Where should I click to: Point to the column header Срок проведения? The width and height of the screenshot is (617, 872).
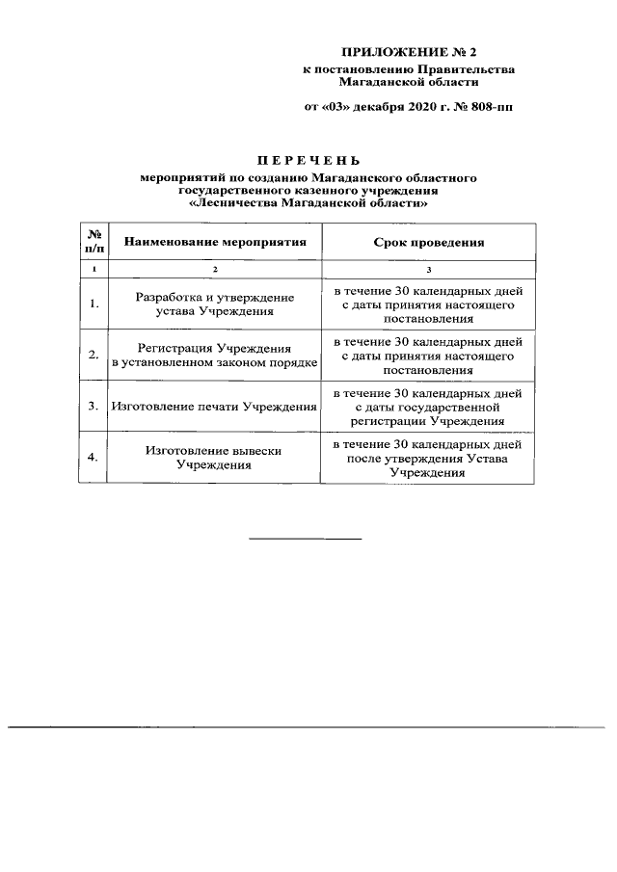coord(428,242)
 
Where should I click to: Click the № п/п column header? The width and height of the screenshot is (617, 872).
coord(94,242)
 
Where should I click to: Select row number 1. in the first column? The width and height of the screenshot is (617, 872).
coord(94,304)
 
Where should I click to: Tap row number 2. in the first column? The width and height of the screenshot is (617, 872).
coord(94,356)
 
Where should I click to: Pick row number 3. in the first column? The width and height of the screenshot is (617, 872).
coord(94,407)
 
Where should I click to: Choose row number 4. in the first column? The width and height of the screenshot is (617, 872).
coord(94,458)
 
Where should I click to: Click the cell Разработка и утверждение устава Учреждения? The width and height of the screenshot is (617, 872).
coord(214,304)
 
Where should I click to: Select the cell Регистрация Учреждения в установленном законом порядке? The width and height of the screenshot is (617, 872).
coord(214,356)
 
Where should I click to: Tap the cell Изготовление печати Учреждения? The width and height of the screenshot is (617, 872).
coord(214,407)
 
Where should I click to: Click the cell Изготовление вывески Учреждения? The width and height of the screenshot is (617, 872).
coord(214,458)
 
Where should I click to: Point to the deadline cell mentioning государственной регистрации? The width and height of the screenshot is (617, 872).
coord(428,407)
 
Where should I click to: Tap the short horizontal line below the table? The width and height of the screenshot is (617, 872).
coord(306,538)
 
